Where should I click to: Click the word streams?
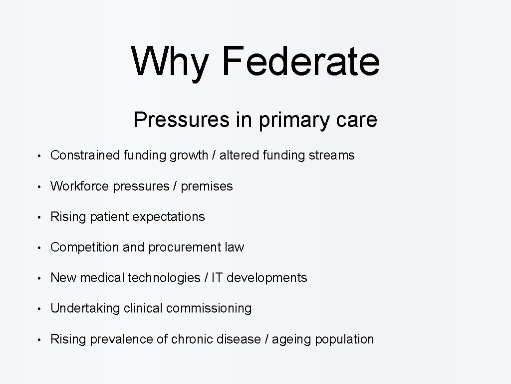coord(331,155)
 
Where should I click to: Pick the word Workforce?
coord(80,186)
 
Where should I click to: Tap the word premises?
coord(207,186)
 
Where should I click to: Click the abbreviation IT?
coord(217,278)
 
